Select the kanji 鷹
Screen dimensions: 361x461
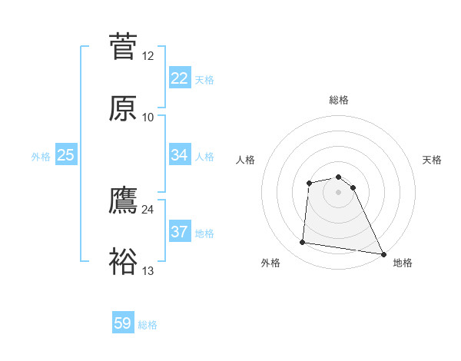click(x=124, y=200)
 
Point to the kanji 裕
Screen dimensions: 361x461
click(x=124, y=262)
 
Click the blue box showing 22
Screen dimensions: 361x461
click(x=179, y=78)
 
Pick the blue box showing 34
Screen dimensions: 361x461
click(x=179, y=155)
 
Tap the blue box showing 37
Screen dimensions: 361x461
click(x=179, y=232)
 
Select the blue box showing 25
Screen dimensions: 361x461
click(x=65, y=155)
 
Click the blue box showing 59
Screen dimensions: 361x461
click(x=123, y=323)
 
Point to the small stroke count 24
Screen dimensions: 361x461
click(x=148, y=209)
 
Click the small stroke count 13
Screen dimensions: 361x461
click(x=148, y=270)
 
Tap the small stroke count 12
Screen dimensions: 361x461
click(x=148, y=55)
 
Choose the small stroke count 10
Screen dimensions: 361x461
click(x=148, y=117)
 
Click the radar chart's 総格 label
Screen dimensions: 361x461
click(x=339, y=100)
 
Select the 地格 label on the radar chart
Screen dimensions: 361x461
click(x=403, y=263)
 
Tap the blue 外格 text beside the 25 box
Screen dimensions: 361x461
click(x=41, y=157)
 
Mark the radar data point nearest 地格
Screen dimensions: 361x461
click(x=383, y=254)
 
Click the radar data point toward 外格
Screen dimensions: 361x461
click(x=303, y=243)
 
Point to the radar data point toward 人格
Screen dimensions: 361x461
click(x=309, y=183)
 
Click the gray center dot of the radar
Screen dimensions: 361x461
click(x=339, y=192)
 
